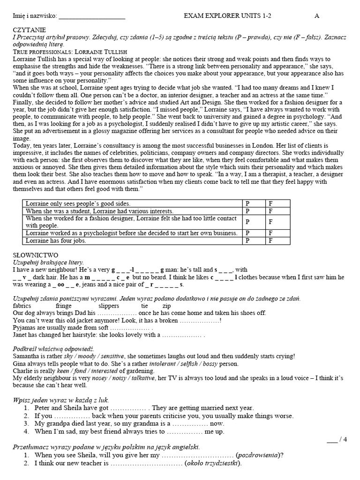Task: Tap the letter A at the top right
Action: (x=317, y=15)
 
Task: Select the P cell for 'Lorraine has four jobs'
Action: (x=248, y=240)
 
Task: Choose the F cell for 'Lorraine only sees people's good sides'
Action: (x=270, y=203)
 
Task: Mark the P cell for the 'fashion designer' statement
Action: (x=248, y=222)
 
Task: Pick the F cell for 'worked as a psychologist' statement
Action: (x=270, y=233)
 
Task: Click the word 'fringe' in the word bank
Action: (x=64, y=306)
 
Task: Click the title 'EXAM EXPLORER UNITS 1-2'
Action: (x=228, y=15)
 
